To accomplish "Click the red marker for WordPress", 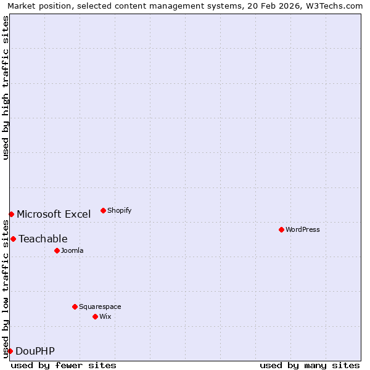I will (281, 229).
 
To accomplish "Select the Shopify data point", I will (103, 210).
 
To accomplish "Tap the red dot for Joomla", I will (57, 250).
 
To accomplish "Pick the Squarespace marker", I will (75, 306).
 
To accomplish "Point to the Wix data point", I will (95, 316).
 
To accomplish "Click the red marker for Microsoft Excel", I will (11, 214).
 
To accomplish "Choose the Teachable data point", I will (13, 239).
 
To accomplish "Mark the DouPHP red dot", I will (10, 351).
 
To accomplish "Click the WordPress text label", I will (302, 229).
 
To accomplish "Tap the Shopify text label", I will (119, 210).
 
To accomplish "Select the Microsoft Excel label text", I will (54, 214).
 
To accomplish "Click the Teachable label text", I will (43, 239).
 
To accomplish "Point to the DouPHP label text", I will (35, 351).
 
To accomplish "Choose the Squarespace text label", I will (100, 306).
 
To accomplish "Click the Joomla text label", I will (72, 250).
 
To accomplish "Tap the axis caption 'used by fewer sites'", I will (64, 365).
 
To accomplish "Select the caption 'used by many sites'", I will (310, 365).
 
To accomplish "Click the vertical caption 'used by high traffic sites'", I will (6, 88).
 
